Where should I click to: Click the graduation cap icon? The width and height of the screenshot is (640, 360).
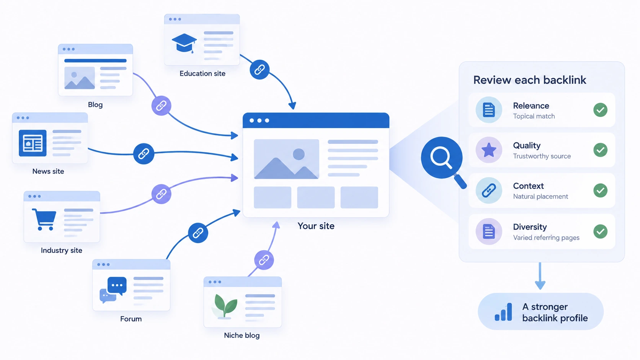tap(184, 43)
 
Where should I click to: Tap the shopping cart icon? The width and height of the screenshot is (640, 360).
tap(44, 219)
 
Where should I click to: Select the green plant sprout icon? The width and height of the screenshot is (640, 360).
tap(225, 306)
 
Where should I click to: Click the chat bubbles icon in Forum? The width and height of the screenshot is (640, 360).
tap(113, 290)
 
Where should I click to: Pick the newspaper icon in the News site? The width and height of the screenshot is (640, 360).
tap(33, 143)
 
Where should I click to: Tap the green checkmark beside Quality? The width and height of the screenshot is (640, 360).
tap(600, 150)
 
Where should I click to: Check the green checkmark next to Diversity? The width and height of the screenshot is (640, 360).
tap(600, 231)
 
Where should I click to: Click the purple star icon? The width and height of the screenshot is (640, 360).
tap(489, 150)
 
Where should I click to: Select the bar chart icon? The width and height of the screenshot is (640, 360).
tap(503, 312)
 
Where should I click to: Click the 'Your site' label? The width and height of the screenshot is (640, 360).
tap(316, 226)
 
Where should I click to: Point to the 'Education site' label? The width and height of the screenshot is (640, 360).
tap(202, 73)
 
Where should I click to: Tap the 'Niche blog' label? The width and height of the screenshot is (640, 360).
tap(242, 335)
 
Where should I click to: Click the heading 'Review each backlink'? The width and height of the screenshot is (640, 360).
tap(530, 80)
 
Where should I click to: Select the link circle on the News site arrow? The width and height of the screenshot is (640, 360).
tap(144, 153)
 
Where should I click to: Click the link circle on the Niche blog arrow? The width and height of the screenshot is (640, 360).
tap(264, 260)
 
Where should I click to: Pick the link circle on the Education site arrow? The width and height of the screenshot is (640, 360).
tap(260, 69)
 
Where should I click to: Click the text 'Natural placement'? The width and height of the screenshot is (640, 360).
tap(540, 196)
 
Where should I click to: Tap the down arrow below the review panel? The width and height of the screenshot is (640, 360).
tap(540, 276)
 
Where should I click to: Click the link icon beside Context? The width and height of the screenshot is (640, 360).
tap(489, 191)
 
